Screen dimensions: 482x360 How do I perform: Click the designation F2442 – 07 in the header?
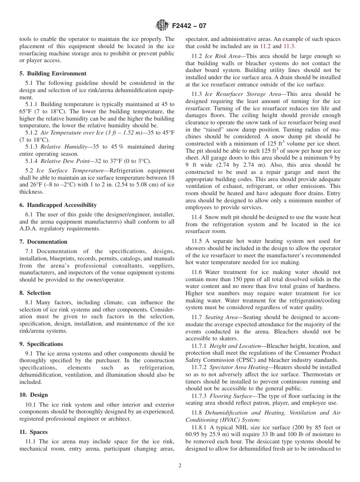click(x=189, y=26)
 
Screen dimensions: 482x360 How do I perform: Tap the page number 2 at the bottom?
click(x=180, y=466)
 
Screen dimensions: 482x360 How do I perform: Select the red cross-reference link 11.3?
click(x=289, y=46)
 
